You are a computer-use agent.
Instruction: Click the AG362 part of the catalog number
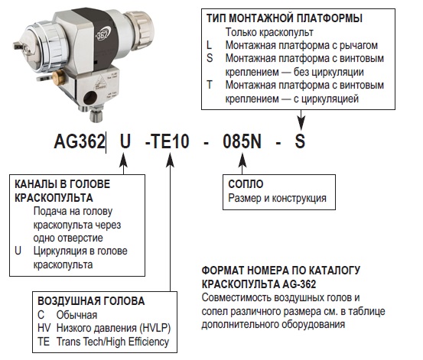click(80, 141)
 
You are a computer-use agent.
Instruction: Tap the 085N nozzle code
click(242, 141)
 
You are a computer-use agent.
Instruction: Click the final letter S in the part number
click(300, 141)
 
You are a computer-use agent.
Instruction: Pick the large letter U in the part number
click(125, 141)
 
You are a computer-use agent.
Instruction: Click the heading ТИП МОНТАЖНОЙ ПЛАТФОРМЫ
click(285, 18)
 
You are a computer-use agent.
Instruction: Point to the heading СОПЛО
click(246, 184)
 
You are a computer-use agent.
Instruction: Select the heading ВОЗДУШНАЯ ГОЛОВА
click(91, 301)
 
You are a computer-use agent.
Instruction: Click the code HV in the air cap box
click(44, 328)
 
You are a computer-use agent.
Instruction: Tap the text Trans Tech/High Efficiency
click(112, 342)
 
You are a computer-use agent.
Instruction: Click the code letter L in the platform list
click(209, 45)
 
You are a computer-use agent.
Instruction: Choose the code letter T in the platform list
click(210, 85)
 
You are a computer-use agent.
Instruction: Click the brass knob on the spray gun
click(59, 78)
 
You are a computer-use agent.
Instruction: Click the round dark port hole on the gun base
click(90, 98)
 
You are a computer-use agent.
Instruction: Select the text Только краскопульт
click(269, 32)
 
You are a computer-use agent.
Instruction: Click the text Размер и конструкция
click(277, 198)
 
